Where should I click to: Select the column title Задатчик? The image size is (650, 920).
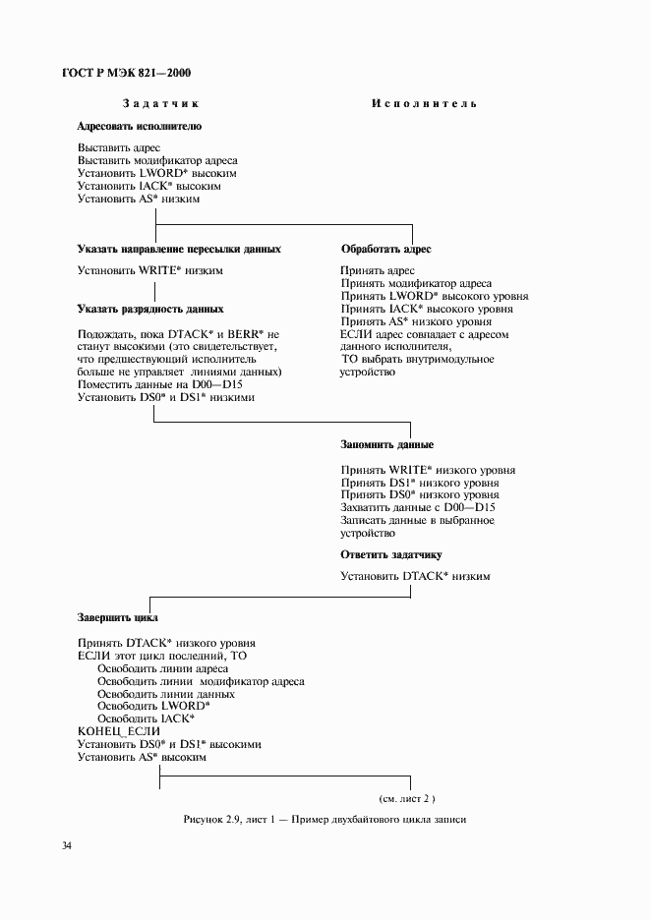(x=161, y=103)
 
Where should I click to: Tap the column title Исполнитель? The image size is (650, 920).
(x=424, y=103)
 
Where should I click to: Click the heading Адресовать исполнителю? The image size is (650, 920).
(x=139, y=127)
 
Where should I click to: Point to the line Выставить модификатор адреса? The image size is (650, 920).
(x=157, y=160)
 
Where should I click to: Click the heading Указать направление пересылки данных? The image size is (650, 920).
(x=179, y=249)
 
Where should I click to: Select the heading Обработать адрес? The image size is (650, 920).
(x=385, y=250)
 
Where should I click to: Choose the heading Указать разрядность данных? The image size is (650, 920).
(x=150, y=309)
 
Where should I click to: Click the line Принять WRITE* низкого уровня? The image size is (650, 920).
(x=428, y=470)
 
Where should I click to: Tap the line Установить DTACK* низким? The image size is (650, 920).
(x=415, y=576)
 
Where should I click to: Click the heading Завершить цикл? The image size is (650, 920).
(x=118, y=618)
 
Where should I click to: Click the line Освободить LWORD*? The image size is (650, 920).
(x=153, y=707)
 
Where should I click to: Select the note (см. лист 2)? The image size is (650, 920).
(x=406, y=798)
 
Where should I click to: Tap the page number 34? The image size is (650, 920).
(x=66, y=845)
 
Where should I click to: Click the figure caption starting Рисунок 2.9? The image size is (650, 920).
(x=324, y=820)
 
